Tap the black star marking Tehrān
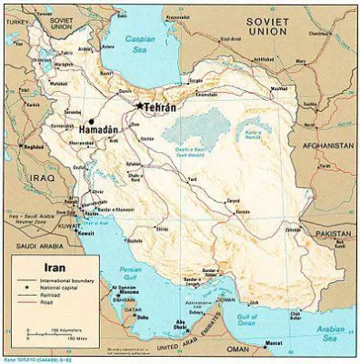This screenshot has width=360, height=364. click(139, 106)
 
